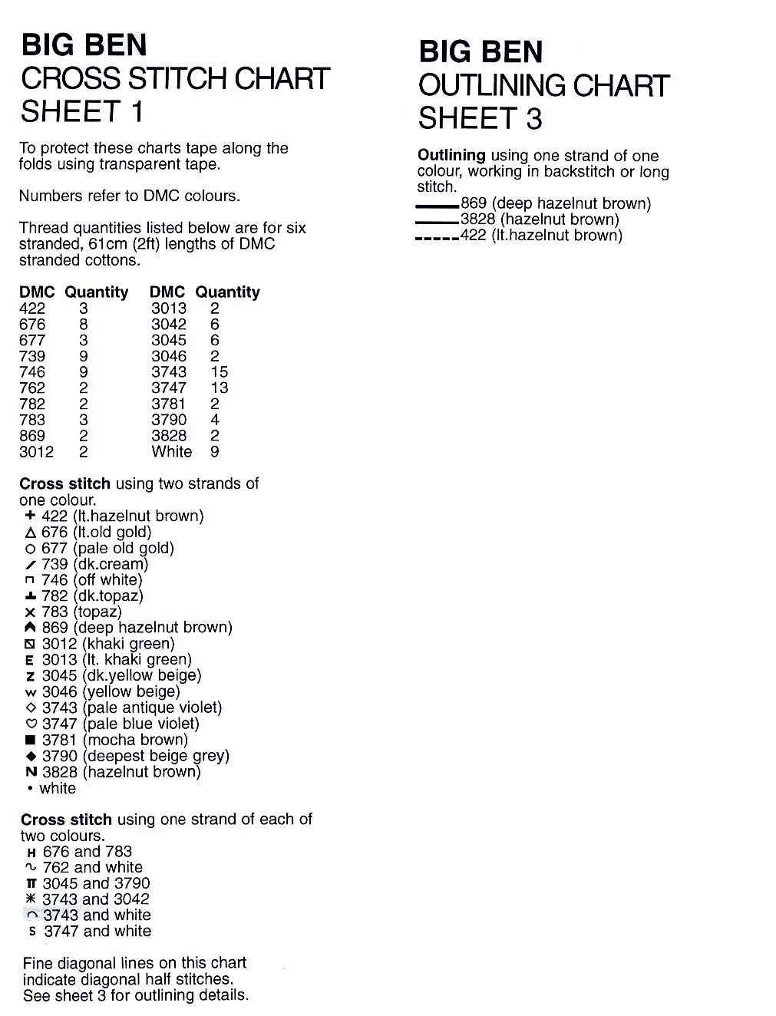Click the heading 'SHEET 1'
tap(82, 112)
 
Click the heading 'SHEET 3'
tap(480, 119)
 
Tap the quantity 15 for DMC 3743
tap(219, 372)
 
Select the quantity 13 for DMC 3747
tap(219, 388)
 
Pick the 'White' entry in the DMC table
tap(171, 452)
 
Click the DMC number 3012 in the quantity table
tap(36, 452)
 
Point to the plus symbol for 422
tap(31, 516)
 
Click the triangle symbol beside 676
tap(31, 533)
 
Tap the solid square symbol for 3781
tap(31, 741)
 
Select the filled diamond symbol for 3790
tap(31, 757)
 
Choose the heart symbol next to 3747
tap(31, 724)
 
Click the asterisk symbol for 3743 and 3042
tap(31, 899)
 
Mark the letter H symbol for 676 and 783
tap(31, 852)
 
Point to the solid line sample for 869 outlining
tap(437, 206)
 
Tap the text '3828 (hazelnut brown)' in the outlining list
tap(540, 219)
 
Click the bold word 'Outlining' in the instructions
tap(451, 156)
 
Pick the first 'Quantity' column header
tap(96, 292)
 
